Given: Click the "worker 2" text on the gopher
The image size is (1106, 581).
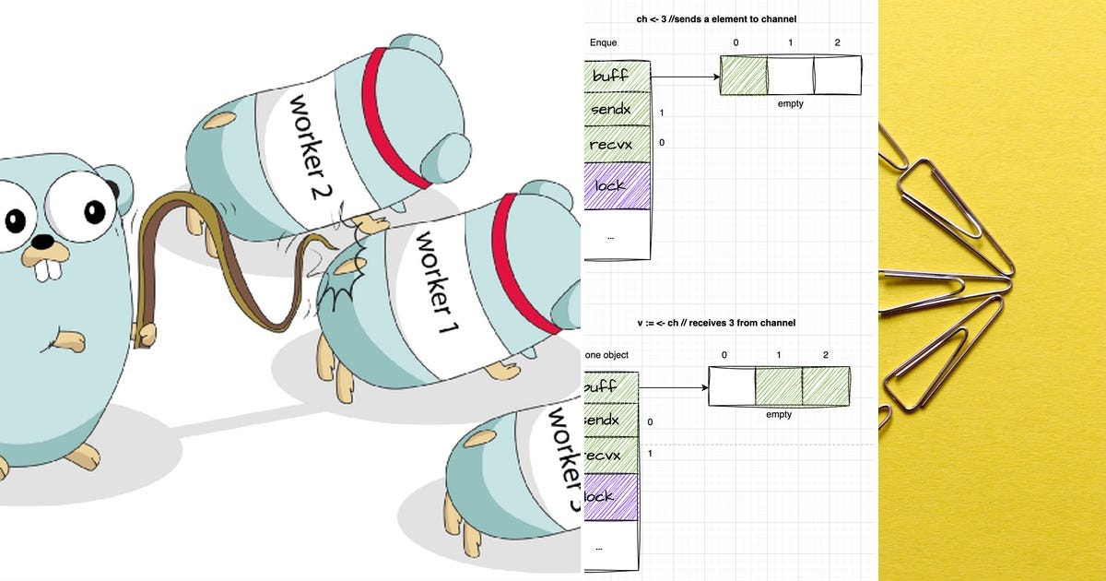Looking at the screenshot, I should coord(309,146).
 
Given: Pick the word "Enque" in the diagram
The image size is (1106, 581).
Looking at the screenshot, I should coord(603,42).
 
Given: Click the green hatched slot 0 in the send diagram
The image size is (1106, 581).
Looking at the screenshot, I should coord(743,76).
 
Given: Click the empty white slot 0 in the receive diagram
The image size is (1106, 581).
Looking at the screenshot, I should coord(732,386).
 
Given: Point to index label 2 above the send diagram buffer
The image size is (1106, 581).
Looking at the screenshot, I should coord(836,42).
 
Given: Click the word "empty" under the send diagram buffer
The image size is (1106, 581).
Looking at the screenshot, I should coord(790,103).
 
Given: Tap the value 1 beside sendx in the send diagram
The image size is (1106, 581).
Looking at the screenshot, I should coord(662,113).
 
